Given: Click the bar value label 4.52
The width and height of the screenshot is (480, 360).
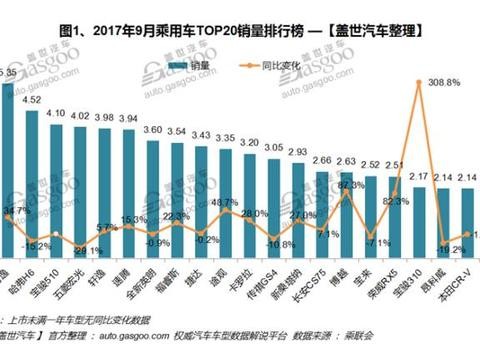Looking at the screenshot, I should point(32,100).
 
